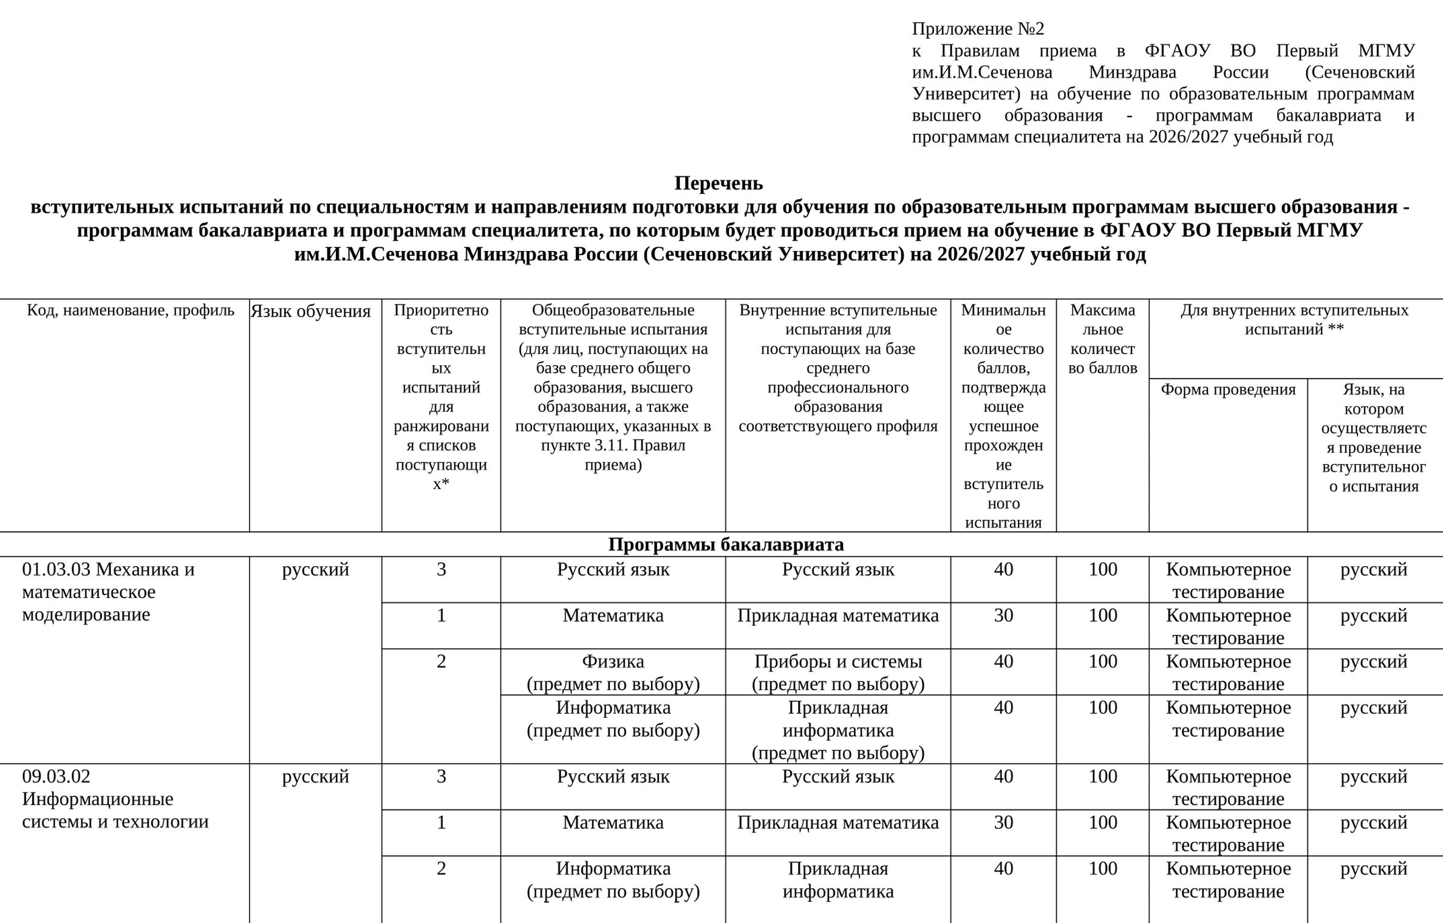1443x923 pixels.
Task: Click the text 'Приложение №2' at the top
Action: coord(978,29)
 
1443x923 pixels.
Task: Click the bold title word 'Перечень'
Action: coord(718,183)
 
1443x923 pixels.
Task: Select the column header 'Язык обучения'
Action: coord(310,311)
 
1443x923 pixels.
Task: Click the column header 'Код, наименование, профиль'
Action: coord(130,311)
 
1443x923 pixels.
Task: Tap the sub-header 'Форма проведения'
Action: coord(1228,389)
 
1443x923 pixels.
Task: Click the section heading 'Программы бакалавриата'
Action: coord(726,544)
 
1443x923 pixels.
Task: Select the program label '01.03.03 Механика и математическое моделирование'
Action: coord(108,592)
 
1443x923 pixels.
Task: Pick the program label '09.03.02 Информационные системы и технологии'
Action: coord(115,799)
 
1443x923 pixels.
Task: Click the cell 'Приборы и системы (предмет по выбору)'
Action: coord(838,672)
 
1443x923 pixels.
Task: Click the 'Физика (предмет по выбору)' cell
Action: coord(613,672)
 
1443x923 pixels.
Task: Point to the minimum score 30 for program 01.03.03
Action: coord(1003,616)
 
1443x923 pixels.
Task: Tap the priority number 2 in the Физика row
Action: coord(442,661)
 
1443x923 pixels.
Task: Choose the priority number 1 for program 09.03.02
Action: coord(442,823)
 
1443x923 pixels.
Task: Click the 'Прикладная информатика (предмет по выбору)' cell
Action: coord(838,730)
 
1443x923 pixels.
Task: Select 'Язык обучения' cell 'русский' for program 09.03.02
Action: coord(315,777)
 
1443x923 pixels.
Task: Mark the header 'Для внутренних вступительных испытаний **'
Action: coord(1294,320)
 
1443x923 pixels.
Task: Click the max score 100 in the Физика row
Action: coord(1102,661)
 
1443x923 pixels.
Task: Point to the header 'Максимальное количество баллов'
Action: coord(1102,339)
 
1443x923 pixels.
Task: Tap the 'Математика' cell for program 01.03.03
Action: coord(613,616)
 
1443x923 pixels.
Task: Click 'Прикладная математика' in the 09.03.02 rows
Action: coord(838,823)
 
